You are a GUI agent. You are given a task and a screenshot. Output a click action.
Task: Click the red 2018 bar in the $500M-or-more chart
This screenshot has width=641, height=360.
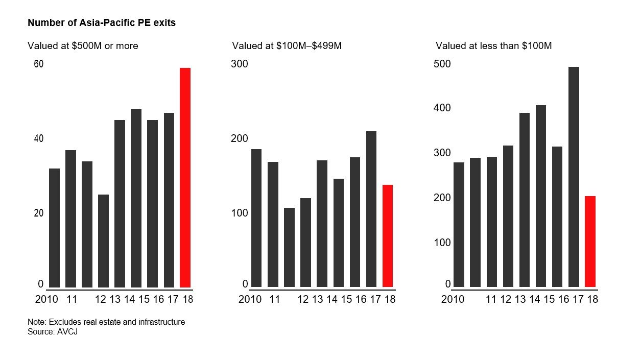pyautogui.click(x=185, y=177)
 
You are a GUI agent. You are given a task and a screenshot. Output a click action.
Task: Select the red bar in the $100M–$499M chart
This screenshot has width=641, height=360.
pyautogui.click(x=388, y=235)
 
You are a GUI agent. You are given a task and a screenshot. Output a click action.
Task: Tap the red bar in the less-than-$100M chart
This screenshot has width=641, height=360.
pyautogui.click(x=590, y=241)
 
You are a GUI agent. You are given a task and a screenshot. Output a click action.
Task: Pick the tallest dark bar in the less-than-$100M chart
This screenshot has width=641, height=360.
pyautogui.click(x=574, y=177)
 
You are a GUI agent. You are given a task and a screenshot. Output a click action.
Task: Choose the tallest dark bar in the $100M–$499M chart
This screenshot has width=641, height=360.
pyautogui.click(x=371, y=209)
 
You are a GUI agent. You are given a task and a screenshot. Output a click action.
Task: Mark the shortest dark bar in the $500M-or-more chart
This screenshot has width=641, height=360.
pyautogui.click(x=103, y=241)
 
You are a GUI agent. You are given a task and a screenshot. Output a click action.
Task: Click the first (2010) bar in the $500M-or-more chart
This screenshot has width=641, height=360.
pyautogui.click(x=54, y=228)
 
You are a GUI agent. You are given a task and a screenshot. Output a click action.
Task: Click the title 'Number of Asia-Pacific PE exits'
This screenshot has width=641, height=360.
pyautogui.click(x=102, y=23)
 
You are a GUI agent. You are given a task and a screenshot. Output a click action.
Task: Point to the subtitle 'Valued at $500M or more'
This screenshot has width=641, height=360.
pyautogui.click(x=83, y=46)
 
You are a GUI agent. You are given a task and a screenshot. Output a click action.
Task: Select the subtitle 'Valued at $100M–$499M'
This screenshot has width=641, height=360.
pyautogui.click(x=287, y=46)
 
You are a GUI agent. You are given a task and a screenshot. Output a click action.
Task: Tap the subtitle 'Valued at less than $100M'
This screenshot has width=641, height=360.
pyautogui.click(x=493, y=46)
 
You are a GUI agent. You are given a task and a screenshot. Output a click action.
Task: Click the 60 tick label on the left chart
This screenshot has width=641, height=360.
pyautogui.click(x=39, y=64)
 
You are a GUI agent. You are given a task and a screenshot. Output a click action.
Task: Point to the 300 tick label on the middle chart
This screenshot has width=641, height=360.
pyautogui.click(x=240, y=64)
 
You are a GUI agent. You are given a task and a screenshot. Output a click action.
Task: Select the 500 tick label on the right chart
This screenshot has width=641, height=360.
pyautogui.click(x=442, y=64)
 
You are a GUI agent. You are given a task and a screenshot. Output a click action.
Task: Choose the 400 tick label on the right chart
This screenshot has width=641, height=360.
pyautogui.click(x=442, y=108)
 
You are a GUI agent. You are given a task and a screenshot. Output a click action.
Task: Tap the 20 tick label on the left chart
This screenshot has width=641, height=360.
pyautogui.click(x=39, y=213)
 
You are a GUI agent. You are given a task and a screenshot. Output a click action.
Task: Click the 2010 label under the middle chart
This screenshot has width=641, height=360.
pyautogui.click(x=250, y=299)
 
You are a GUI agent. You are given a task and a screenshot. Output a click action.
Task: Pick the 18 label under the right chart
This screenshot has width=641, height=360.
pyautogui.click(x=592, y=299)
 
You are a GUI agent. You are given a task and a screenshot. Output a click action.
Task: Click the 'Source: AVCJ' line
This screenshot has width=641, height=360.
pyautogui.click(x=52, y=332)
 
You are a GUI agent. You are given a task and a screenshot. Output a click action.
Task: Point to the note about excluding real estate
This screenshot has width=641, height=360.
pyautogui.click(x=106, y=322)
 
